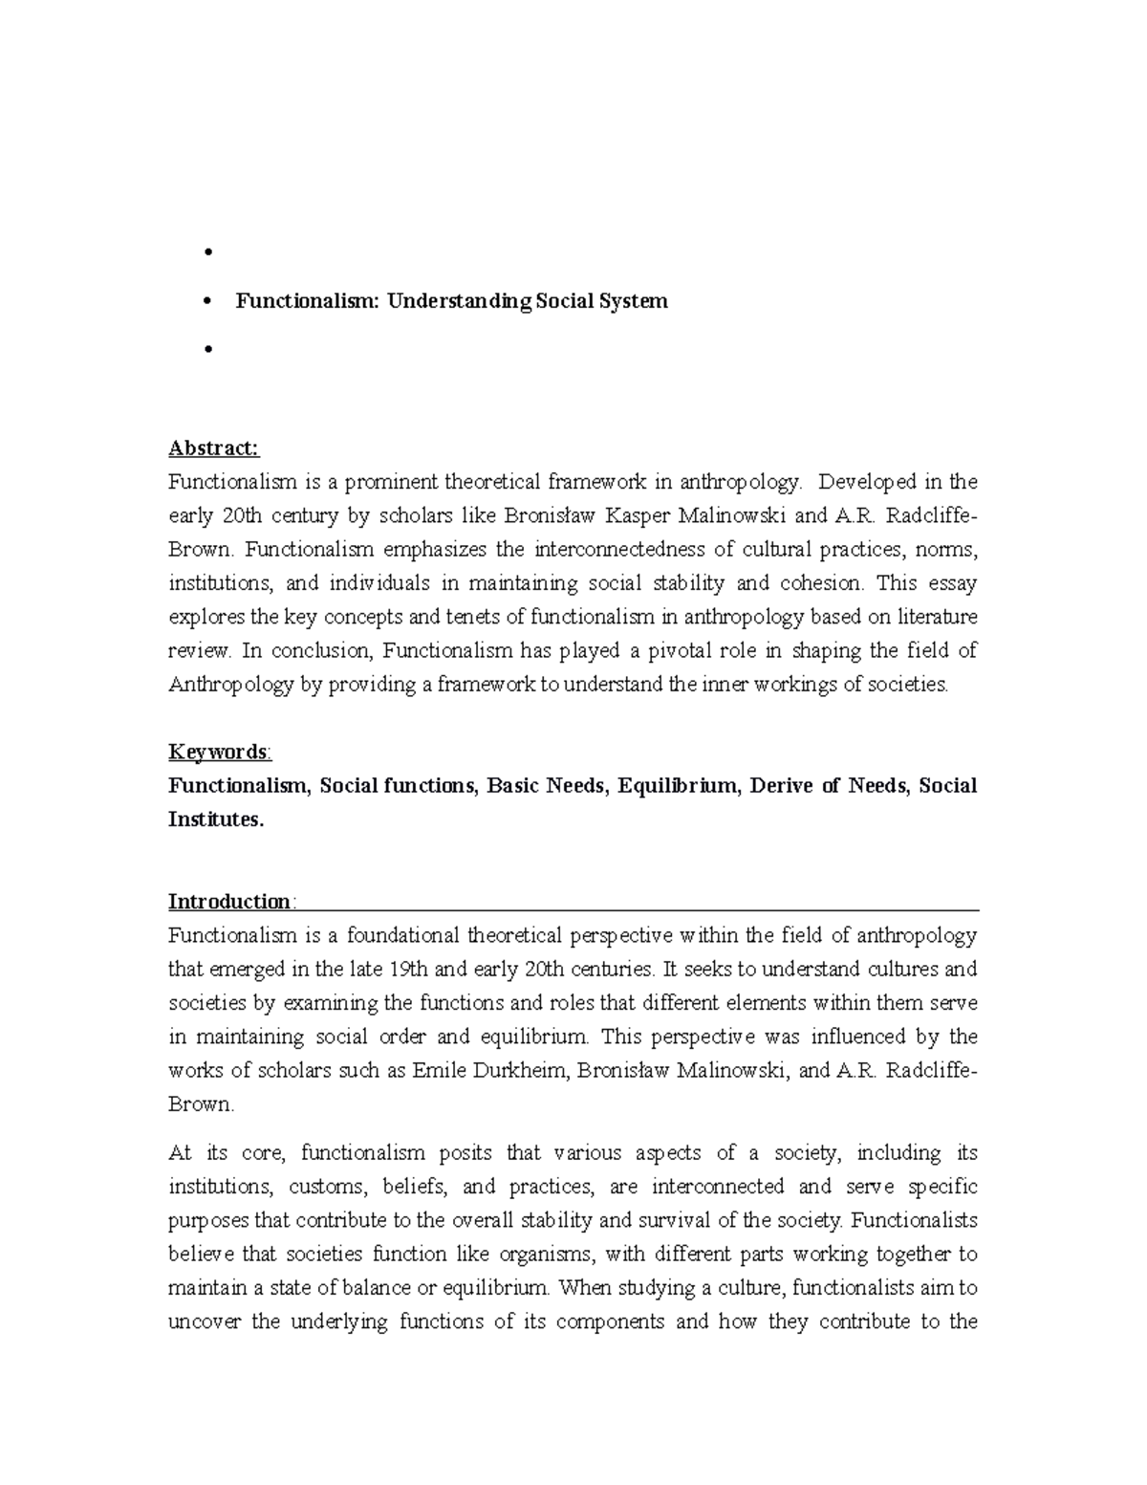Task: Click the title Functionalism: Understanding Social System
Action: coord(452,301)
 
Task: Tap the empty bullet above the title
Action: coord(206,253)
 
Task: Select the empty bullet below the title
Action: coord(206,350)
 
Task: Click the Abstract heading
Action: coord(213,448)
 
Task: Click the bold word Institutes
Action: coord(215,820)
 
